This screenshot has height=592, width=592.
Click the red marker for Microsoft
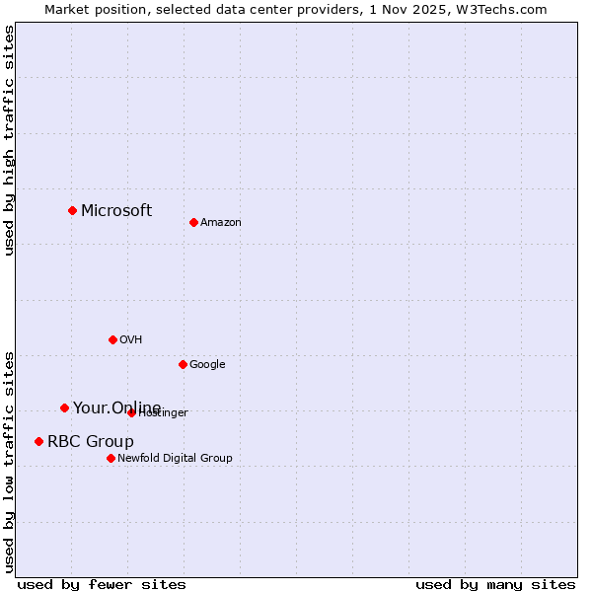tap(72, 210)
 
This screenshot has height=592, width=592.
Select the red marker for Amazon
tap(193, 222)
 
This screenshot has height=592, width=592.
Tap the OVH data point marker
tap(112, 339)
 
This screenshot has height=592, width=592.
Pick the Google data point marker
tap(183, 364)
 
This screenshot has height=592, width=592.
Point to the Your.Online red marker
tap(64, 407)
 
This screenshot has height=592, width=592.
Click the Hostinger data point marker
tap(131, 412)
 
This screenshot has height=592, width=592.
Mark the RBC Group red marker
tap(38, 441)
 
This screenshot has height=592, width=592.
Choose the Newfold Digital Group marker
tap(111, 458)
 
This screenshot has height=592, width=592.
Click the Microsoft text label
tap(116, 210)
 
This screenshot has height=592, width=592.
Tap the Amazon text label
tap(221, 223)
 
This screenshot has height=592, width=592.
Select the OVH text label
tap(131, 340)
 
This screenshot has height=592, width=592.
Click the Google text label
tap(207, 365)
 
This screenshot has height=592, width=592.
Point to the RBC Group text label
tap(91, 442)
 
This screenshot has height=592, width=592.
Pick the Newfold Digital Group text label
tap(175, 459)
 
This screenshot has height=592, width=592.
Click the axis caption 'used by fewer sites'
tap(102, 584)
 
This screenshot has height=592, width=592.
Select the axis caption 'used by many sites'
tap(495, 584)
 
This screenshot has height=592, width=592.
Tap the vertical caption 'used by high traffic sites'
tap(9, 141)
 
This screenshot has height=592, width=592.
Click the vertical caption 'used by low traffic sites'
tap(9, 462)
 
